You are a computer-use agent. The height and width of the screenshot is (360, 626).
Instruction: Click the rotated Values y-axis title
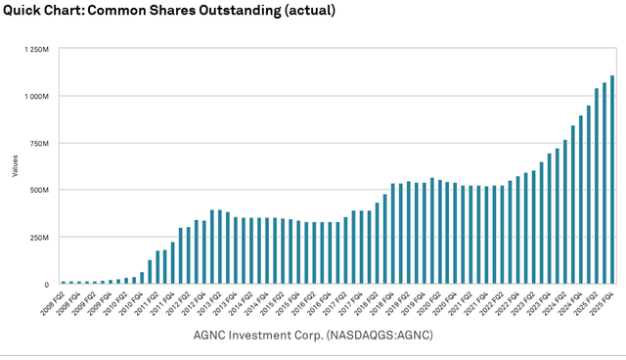(15, 166)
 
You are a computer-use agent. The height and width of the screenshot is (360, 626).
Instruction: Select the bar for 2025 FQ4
(612, 180)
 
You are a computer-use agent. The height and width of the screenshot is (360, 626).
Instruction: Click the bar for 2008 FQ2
(64, 283)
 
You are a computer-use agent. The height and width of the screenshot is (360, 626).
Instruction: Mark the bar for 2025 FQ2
(597, 187)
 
